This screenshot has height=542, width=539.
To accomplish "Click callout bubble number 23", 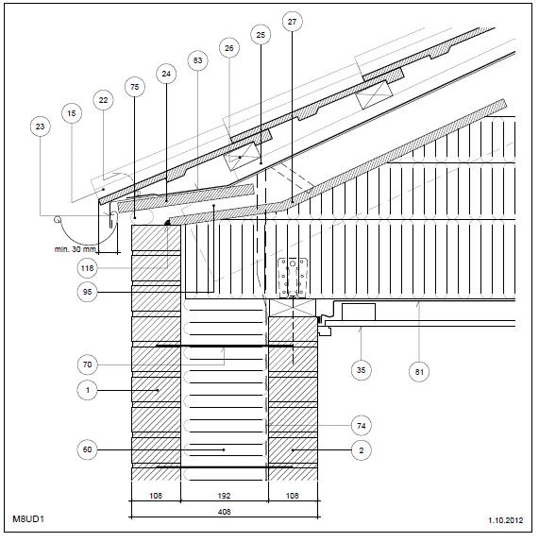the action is (40, 127).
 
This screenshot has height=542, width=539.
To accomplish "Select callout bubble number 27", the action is (292, 22).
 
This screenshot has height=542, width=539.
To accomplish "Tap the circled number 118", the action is (87, 268).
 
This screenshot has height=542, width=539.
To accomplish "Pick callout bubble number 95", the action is (87, 292).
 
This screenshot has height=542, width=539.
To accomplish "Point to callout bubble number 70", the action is (87, 364).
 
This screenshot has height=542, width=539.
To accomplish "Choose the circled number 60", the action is (87, 449).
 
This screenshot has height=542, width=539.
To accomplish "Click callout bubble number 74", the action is (361, 426).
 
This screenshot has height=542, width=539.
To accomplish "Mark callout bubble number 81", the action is (419, 372).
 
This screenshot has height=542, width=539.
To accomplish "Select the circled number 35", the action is (361, 370).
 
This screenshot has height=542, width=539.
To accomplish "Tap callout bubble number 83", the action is (197, 60).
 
